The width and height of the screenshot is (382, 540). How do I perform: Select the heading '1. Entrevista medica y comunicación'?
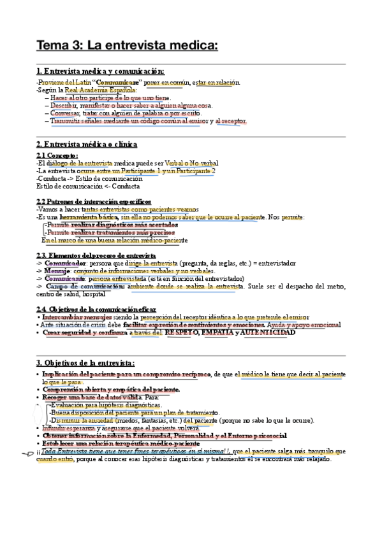point(100,71)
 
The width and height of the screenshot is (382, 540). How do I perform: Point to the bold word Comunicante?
point(65,278)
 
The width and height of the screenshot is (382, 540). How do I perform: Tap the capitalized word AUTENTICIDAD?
point(269,332)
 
